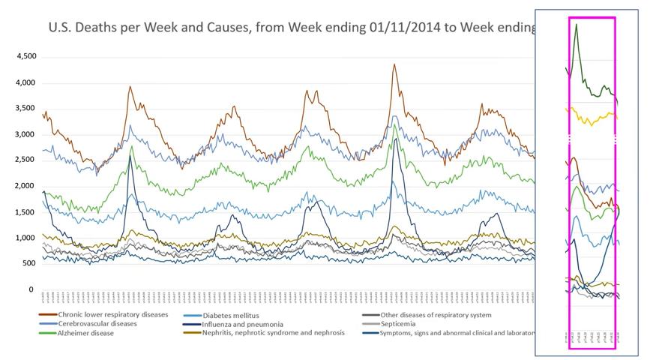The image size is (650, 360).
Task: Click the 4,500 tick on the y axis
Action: pos(26,56)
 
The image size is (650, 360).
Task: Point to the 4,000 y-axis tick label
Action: pos(26,82)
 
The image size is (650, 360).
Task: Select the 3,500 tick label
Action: pos(26,109)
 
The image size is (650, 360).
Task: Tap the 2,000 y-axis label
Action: pos(26,186)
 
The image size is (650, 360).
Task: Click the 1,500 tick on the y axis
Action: pos(26,212)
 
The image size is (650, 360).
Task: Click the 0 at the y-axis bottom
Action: pos(31,289)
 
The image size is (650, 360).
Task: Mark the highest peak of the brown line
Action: pos(394,64)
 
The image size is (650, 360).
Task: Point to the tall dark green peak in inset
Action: pos(576,25)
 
